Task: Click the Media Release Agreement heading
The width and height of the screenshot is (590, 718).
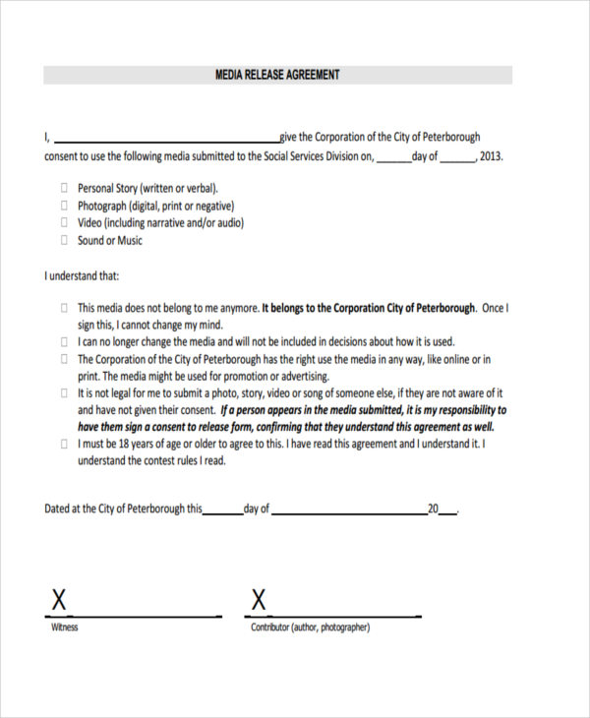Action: coord(277,75)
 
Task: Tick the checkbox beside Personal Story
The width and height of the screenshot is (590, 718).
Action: coord(65,187)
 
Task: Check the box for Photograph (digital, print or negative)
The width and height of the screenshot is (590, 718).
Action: coord(65,205)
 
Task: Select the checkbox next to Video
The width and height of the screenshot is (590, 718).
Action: coord(65,222)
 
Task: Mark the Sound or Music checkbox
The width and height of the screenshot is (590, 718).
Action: coord(65,240)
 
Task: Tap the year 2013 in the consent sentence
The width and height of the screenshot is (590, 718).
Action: coord(492,155)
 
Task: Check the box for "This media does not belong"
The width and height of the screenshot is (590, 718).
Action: coord(65,307)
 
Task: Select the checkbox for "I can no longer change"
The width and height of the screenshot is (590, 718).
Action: coord(65,341)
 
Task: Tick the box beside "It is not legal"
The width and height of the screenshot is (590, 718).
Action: coord(65,392)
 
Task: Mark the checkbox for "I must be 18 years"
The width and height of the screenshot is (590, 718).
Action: coord(65,444)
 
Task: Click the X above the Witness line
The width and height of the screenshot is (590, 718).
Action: coord(59,599)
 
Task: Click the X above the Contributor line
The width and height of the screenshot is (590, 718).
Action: coord(259,599)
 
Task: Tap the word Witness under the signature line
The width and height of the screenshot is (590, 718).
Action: coord(64,628)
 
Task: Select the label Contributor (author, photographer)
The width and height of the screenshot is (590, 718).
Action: coord(310,628)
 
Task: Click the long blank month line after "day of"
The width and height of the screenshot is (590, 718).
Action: coord(348,509)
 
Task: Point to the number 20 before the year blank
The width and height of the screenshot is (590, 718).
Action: coord(433,509)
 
